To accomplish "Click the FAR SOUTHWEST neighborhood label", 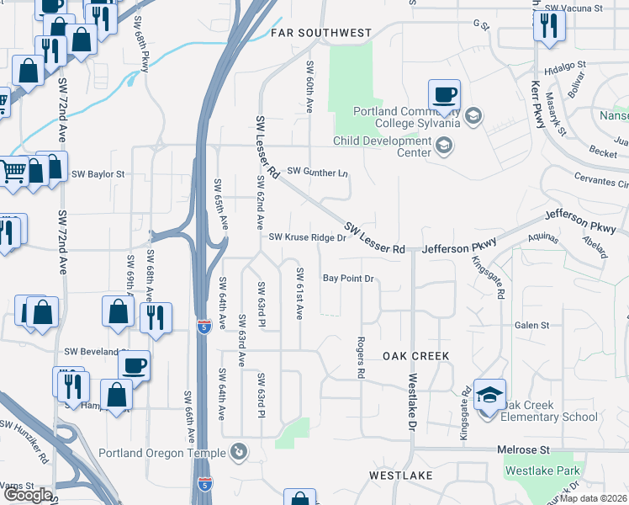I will click(320, 33).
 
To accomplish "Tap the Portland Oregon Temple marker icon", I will click(239, 452).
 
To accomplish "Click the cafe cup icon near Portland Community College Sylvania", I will click(443, 95).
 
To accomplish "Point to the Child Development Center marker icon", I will click(443, 147).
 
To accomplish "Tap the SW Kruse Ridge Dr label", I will click(308, 237).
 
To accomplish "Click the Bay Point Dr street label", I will click(347, 278).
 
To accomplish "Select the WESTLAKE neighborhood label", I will click(400, 476).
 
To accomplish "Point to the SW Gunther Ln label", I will click(317, 172).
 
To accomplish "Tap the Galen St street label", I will click(531, 325).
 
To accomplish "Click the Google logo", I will click(27, 495).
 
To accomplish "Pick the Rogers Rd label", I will click(360, 357).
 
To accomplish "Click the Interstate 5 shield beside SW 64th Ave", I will click(203, 326).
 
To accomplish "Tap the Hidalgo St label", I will click(563, 74).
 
